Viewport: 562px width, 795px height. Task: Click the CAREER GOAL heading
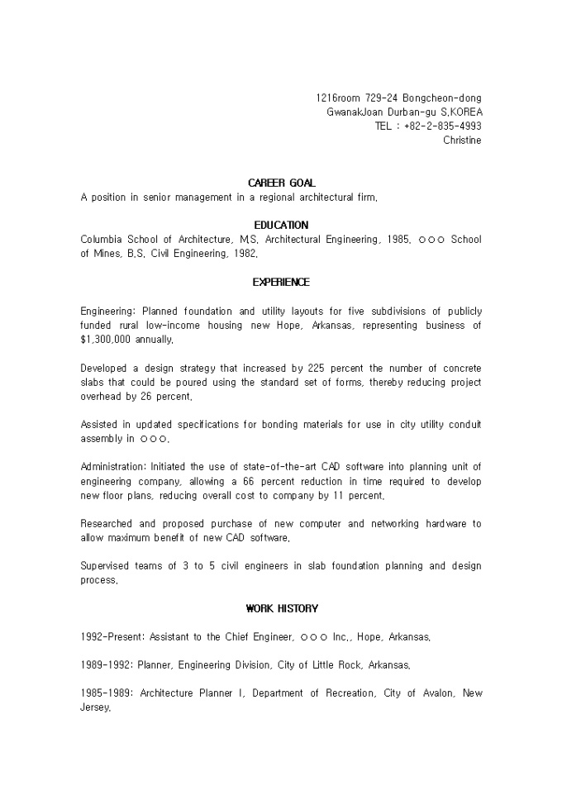click(281, 183)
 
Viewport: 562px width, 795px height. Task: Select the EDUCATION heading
click(281, 225)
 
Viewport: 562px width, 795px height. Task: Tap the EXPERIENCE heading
click(281, 283)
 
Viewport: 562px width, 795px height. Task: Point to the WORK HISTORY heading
click(281, 609)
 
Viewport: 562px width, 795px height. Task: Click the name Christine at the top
click(462, 140)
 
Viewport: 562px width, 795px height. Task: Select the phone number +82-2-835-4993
click(443, 126)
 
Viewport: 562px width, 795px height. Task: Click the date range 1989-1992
click(107, 665)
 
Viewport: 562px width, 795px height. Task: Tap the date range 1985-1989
click(107, 693)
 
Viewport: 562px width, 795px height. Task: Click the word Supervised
click(108, 566)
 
